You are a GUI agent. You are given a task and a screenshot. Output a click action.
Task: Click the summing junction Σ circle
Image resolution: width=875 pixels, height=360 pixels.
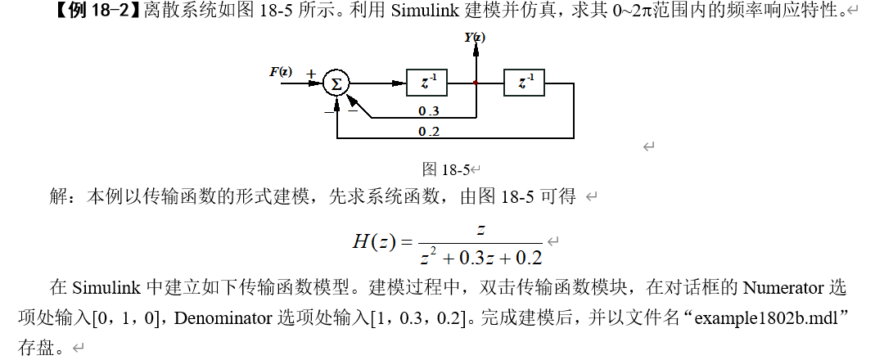click(x=336, y=83)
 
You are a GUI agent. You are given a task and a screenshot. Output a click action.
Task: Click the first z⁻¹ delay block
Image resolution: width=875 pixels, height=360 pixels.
click(x=426, y=83)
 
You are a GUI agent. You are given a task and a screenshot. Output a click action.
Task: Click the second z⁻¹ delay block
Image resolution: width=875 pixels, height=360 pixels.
click(x=525, y=83)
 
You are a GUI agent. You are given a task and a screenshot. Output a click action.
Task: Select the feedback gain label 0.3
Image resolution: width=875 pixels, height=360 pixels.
click(x=428, y=111)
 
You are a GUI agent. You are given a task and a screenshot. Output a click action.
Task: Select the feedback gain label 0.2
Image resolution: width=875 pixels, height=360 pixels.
click(x=428, y=131)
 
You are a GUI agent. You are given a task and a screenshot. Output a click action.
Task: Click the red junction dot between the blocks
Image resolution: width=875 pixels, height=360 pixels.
click(x=476, y=83)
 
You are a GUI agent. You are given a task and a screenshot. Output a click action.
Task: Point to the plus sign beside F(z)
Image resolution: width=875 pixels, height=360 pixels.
click(x=310, y=73)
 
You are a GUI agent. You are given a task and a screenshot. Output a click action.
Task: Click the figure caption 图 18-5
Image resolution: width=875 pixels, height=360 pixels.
click(x=445, y=170)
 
